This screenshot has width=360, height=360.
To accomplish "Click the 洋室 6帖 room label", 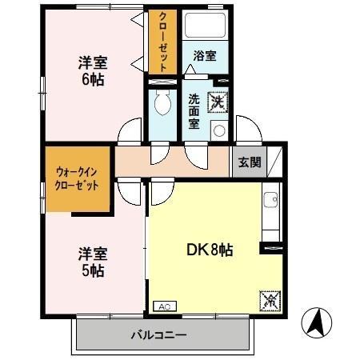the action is (93, 71).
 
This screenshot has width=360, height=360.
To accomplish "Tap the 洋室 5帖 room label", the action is (93, 262).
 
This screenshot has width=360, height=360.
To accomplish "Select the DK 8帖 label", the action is (210, 250).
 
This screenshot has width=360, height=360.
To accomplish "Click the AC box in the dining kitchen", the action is (165, 306).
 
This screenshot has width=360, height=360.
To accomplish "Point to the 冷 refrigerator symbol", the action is (270, 301).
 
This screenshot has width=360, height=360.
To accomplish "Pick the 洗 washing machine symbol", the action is (218, 102).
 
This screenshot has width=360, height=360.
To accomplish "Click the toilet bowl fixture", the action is (162, 102).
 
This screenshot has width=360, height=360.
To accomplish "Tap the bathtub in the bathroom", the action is (206, 25).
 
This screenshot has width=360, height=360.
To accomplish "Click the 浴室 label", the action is (205, 56).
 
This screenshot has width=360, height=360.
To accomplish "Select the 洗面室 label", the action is (194, 111).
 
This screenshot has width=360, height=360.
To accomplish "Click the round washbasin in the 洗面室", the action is (219, 131).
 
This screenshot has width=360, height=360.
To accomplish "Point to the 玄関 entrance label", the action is (250, 162).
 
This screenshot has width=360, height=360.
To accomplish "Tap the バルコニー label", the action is (158, 335).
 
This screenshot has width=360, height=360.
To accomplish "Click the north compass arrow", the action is (317, 323).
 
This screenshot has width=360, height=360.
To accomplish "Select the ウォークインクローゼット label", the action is (77, 178).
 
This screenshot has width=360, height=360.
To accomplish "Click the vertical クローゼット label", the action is (162, 42).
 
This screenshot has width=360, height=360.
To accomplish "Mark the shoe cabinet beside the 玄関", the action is (274, 162).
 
